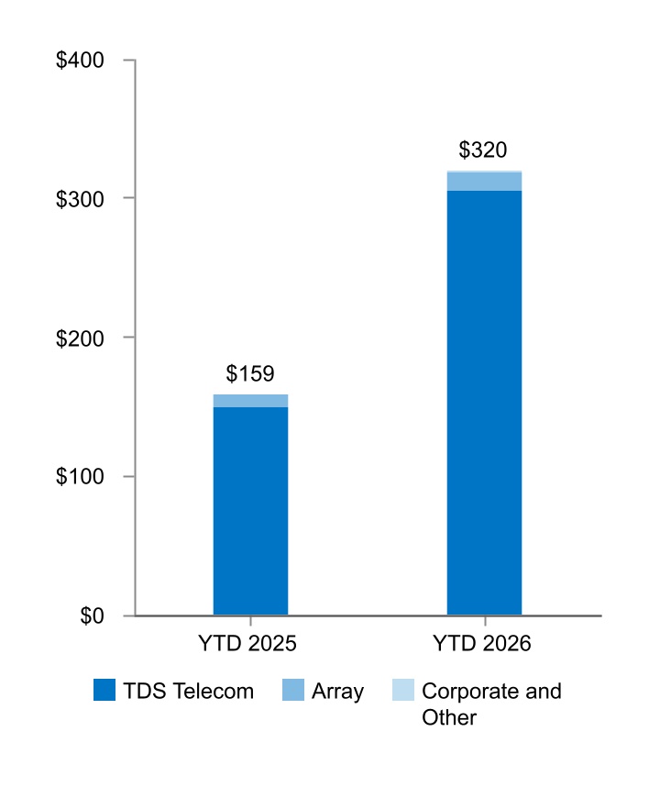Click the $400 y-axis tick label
point(80,61)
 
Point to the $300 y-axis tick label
point(80,199)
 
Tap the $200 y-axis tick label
point(80,338)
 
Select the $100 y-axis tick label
point(80,476)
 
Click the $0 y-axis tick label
point(92,615)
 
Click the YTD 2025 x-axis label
point(247,644)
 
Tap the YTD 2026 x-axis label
point(482,644)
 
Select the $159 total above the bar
point(250,373)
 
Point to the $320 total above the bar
point(483,150)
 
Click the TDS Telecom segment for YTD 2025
point(251,511)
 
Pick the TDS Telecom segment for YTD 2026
point(485,403)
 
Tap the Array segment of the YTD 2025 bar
point(251,401)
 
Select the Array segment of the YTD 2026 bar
point(485,182)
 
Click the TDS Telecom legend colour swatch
point(104,690)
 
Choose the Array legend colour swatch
point(293,690)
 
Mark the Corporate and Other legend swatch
point(403,690)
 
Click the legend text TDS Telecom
point(189,691)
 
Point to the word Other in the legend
point(449,717)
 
